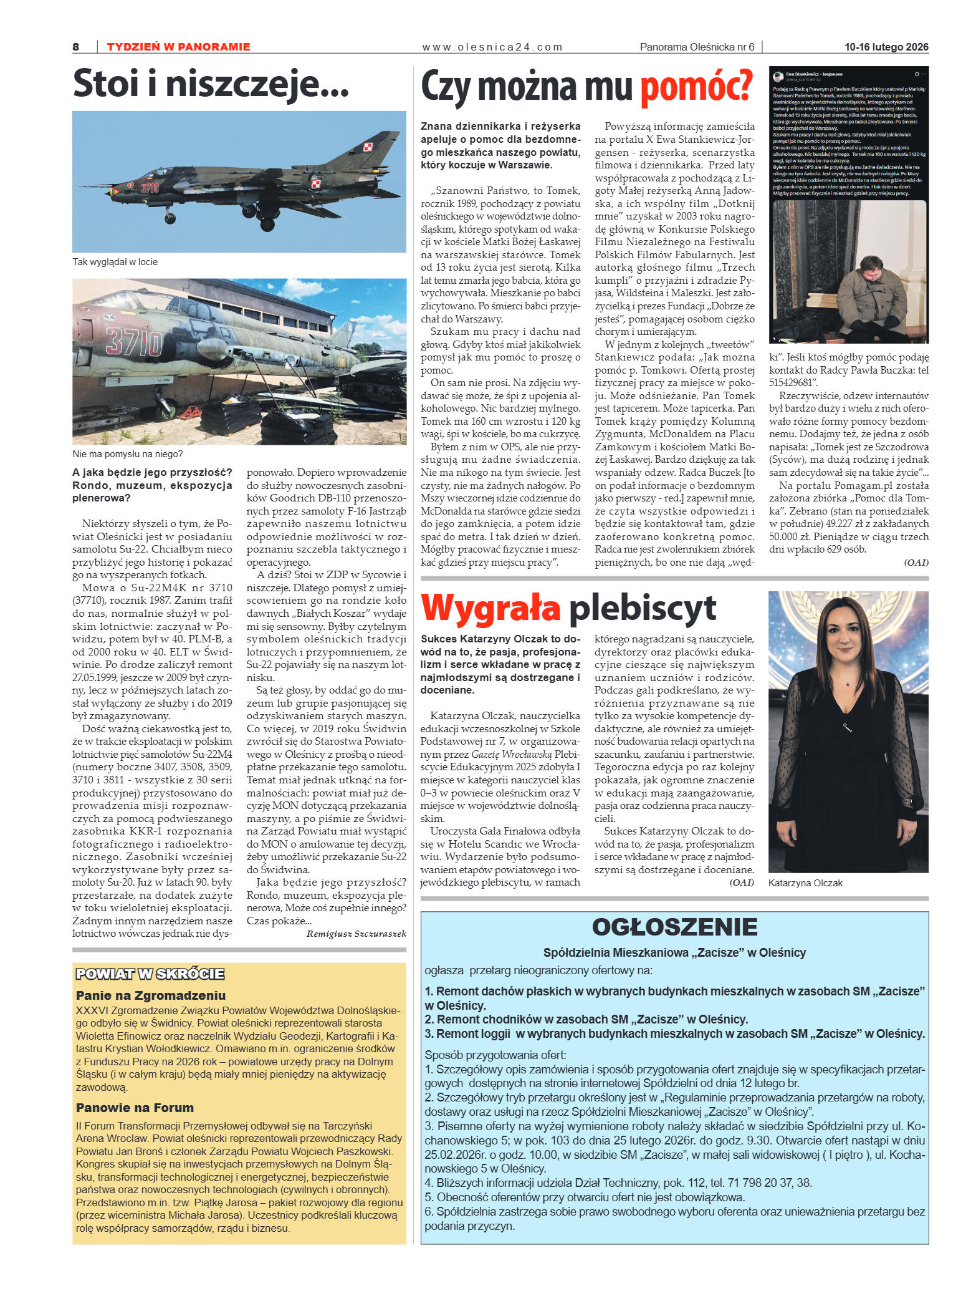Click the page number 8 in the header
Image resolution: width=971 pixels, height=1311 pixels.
(76, 47)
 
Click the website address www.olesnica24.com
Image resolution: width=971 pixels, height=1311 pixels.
(492, 47)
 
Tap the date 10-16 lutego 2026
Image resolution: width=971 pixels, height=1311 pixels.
(886, 47)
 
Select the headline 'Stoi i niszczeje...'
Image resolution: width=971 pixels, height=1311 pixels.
(211, 84)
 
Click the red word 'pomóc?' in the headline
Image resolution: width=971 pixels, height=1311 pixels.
(696, 87)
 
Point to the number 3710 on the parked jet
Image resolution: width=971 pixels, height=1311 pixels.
(133, 342)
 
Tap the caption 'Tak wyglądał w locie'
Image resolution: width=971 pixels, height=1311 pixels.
(115, 262)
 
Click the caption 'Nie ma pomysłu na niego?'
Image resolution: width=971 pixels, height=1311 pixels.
(127, 454)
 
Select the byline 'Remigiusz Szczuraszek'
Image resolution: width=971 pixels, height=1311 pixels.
(356, 934)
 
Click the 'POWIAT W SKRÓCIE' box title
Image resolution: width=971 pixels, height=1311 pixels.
(150, 974)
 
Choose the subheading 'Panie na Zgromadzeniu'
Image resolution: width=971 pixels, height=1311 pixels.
(151, 995)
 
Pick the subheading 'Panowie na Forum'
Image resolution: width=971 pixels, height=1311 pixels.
(135, 1108)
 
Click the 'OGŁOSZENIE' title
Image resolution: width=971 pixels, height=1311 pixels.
(674, 927)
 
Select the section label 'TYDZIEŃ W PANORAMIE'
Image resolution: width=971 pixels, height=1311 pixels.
(178, 47)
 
